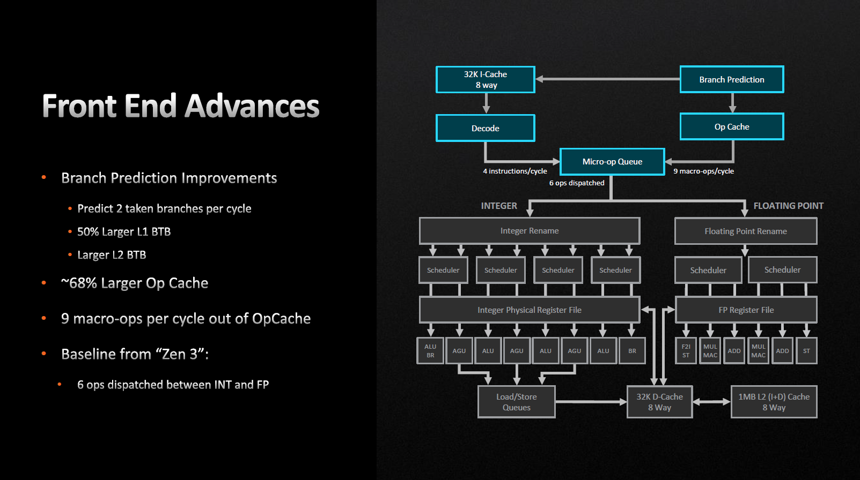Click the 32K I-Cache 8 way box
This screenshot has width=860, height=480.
coord(485,80)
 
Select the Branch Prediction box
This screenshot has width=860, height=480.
coord(731,79)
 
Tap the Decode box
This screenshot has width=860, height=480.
coord(485,128)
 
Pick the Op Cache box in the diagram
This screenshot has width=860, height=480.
coord(731,126)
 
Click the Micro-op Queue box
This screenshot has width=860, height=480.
coord(612,162)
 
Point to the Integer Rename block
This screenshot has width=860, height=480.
coord(529,231)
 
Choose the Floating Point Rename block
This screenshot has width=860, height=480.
coord(745,231)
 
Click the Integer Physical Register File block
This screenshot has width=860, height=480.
coord(529,310)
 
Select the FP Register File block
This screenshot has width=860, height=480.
coord(746,310)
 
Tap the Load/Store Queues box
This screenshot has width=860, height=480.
coord(516,402)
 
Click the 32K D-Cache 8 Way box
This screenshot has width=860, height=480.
coord(659,402)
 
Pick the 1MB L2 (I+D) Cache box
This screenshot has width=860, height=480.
coord(774,402)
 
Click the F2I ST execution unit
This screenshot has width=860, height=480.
coord(686,351)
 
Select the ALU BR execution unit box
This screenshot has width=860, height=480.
coord(430,351)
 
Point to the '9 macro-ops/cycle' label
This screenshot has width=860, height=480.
coord(703,171)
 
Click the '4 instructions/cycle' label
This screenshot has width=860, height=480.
coord(514,171)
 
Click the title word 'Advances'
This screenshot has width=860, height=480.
coord(252,106)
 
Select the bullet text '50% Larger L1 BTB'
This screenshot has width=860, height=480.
coord(124,232)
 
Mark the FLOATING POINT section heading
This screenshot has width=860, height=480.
coord(788,206)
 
